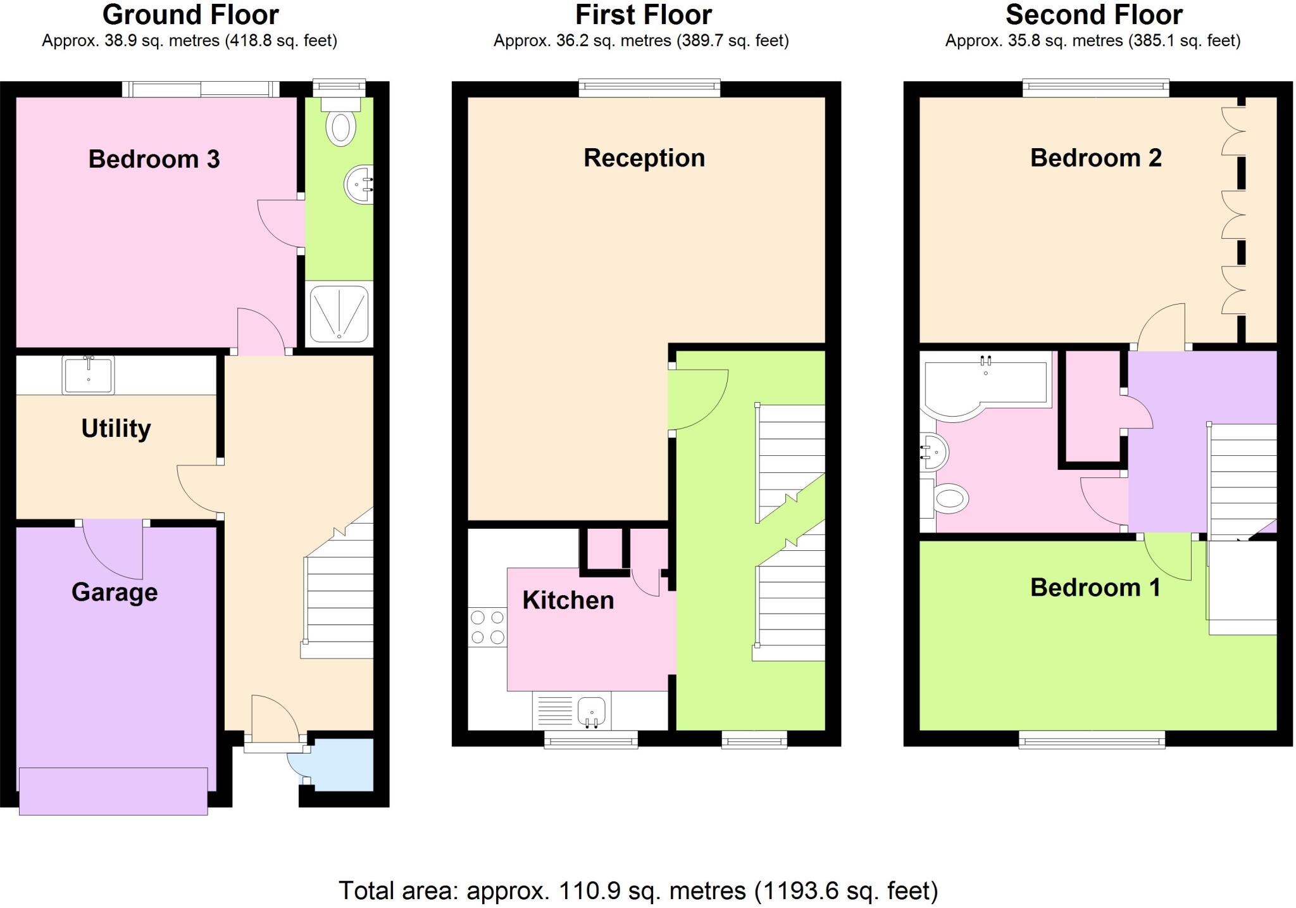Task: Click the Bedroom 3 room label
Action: (x=154, y=159)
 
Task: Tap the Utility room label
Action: (x=116, y=429)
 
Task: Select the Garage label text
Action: (x=115, y=593)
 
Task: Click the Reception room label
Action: (x=644, y=158)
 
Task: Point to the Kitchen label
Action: (x=568, y=600)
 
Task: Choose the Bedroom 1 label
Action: (x=1095, y=588)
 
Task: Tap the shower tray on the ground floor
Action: (x=339, y=315)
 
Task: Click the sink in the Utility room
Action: (x=89, y=375)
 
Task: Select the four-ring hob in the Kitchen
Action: (x=487, y=627)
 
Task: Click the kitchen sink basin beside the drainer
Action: (x=592, y=710)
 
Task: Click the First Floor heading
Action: (x=644, y=15)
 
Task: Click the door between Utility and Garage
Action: (x=113, y=548)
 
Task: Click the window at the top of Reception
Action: (x=650, y=88)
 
